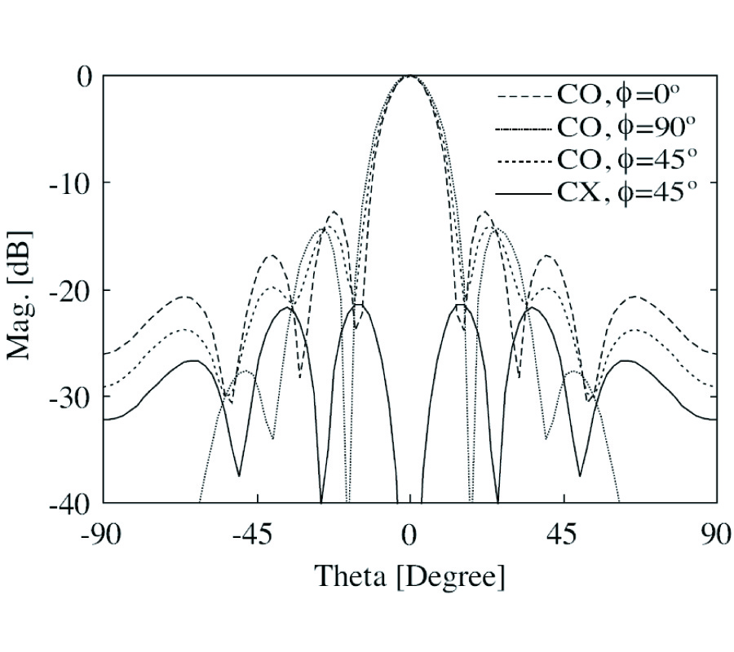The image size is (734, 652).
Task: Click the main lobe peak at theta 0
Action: point(409,76)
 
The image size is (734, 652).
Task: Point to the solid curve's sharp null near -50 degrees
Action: point(239,475)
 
